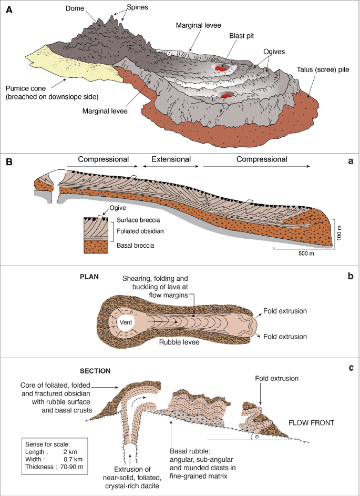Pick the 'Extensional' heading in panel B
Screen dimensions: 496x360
click(171, 159)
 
